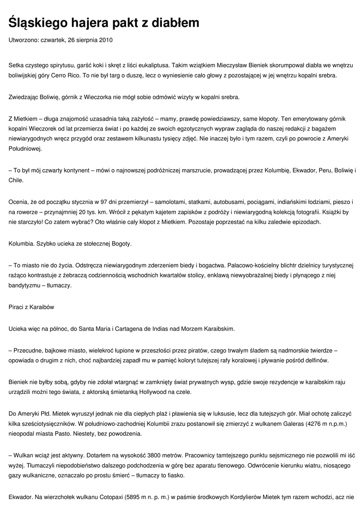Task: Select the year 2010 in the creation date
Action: (x=112, y=39)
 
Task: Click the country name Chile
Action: (x=16, y=181)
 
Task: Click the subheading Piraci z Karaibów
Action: (x=31, y=307)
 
